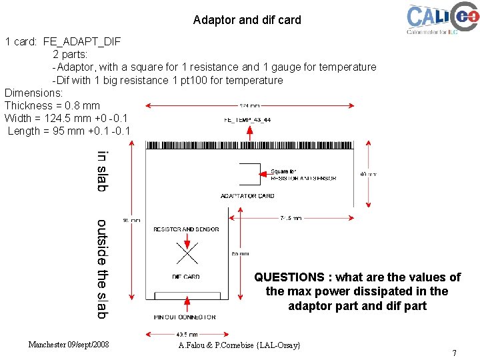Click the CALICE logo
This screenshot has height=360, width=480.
(x=442, y=18)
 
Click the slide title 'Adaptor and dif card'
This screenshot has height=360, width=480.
(x=247, y=20)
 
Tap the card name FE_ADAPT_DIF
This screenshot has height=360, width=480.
(x=82, y=41)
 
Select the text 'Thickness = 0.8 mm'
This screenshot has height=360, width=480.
(x=52, y=105)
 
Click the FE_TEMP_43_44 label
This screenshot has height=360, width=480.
(x=247, y=120)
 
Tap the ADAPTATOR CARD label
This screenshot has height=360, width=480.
(x=247, y=196)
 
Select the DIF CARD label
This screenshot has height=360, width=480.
(x=186, y=277)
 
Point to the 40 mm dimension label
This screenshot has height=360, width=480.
(x=367, y=175)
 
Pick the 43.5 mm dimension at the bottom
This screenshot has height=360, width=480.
(x=187, y=334)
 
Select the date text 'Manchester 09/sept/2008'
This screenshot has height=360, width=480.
(x=69, y=345)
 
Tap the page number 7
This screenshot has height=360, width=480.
(x=454, y=353)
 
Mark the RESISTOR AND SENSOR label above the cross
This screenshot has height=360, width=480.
(x=186, y=229)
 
